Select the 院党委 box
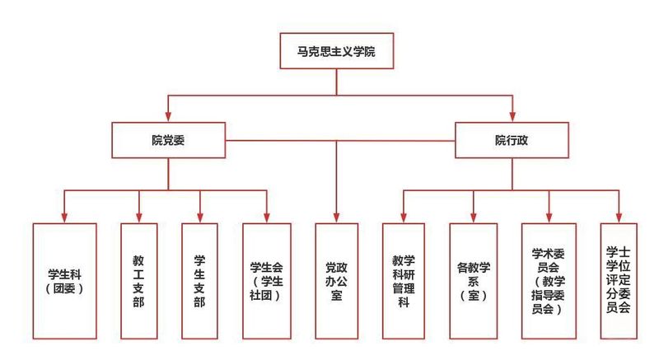(168, 140)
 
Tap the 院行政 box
(512, 140)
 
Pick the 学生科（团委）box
(65, 280)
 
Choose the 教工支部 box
(138, 280)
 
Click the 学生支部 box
(199, 280)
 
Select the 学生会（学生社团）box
(267, 280)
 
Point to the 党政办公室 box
(335, 280)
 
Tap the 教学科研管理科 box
(403, 280)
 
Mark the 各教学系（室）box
(473, 280)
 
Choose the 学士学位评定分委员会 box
(618, 280)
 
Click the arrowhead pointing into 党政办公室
(335, 217)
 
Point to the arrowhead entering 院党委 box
(168, 117)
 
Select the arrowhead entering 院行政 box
(512, 117)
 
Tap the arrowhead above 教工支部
(138, 217)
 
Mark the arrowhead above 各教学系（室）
(473, 217)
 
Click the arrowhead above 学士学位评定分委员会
(618, 217)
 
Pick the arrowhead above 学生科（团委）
(65, 217)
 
